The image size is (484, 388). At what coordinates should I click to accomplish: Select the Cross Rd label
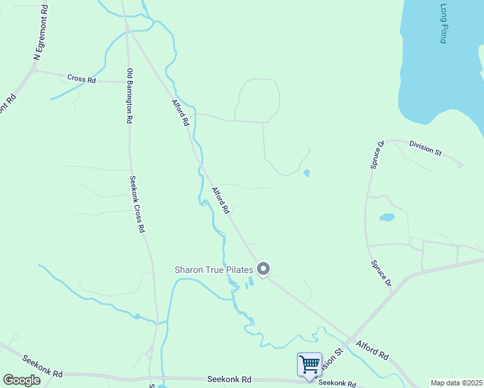pyautogui.click(x=82, y=79)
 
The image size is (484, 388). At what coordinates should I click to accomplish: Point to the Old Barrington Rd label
pyautogui.click(x=129, y=96)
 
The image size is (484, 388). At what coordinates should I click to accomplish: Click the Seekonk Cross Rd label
pyautogui.click(x=137, y=204)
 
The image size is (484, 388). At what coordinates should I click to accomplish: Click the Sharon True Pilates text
pyautogui.click(x=213, y=269)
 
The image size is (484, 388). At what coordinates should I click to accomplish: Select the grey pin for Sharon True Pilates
pyautogui.click(x=263, y=268)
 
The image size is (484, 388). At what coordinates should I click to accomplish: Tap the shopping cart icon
pyautogui.click(x=309, y=363)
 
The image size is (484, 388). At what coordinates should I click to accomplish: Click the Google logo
pyautogui.click(x=21, y=380)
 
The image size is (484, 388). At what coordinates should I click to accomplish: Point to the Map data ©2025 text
pyautogui.click(x=456, y=383)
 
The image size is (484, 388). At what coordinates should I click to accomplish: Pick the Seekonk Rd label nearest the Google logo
pyautogui.click(x=41, y=365)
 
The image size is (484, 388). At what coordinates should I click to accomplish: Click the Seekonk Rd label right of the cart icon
pyautogui.click(x=336, y=383)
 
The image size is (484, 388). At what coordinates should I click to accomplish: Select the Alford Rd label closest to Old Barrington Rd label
pyautogui.click(x=181, y=112)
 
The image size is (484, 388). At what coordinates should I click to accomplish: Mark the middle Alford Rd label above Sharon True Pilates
pyautogui.click(x=221, y=200)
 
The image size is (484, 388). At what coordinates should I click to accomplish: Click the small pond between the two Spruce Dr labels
pyautogui.click(x=387, y=217)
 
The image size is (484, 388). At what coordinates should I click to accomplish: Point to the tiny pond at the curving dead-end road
pyautogui.click(x=306, y=173)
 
